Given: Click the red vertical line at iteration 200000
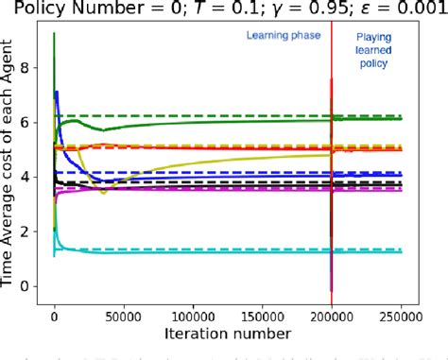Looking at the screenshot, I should point(331,236).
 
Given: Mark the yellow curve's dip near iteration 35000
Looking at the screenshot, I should point(103,192).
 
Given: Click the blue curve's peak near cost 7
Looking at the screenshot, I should point(58,93).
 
